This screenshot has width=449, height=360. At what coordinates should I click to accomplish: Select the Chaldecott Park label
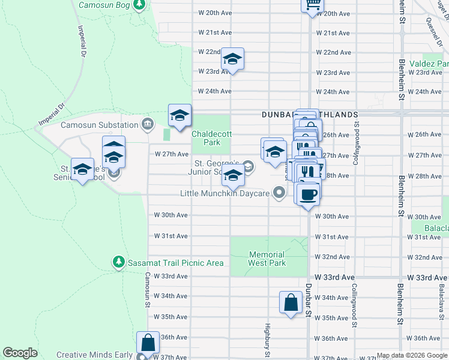[x=206, y=138]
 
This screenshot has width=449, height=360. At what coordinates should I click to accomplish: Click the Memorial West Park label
[x=267, y=259]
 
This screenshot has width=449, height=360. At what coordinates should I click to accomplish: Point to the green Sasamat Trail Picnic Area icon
[x=119, y=262]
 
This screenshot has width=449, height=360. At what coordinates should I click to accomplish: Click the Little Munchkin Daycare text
[x=225, y=193]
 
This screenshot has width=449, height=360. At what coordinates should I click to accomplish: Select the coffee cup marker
[x=308, y=195]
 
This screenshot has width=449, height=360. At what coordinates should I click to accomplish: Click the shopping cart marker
[x=312, y=5]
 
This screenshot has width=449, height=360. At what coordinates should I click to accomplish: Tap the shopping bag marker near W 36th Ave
[x=148, y=343]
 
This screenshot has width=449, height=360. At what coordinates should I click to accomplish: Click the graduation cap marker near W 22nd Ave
[x=232, y=59]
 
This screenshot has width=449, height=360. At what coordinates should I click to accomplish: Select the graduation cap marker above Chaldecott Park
[x=179, y=116]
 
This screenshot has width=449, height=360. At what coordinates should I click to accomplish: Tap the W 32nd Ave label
[x=336, y=257]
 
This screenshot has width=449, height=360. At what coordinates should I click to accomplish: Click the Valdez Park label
[x=429, y=64]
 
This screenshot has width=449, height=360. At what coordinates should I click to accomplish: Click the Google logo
[x=20, y=353]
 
